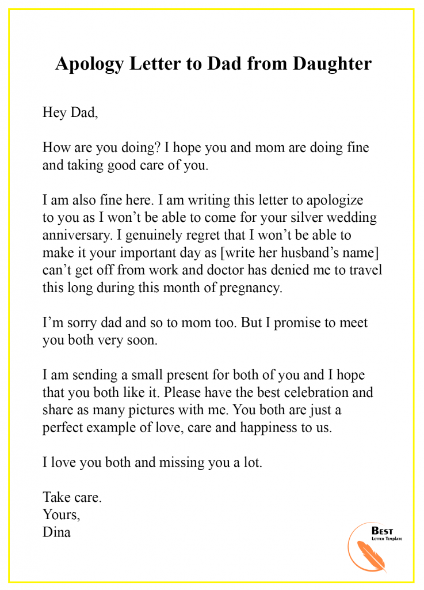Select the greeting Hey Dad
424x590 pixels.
70,112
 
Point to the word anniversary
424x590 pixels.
78,235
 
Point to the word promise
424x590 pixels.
301,323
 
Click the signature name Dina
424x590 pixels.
56,532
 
